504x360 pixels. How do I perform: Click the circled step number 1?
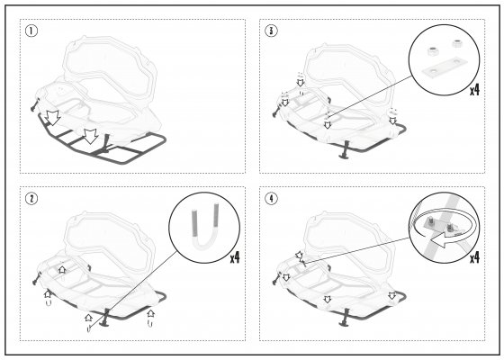[31, 31]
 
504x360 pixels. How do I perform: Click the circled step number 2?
[31, 199]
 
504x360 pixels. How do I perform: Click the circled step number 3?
[271, 31]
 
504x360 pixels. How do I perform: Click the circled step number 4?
[271, 199]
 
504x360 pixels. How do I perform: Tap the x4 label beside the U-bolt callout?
[235, 257]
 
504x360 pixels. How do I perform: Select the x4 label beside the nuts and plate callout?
[474, 90]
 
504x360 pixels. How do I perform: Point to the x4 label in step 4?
[474, 257]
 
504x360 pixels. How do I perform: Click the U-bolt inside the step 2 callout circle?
[205, 229]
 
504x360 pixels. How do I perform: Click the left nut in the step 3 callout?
[432, 51]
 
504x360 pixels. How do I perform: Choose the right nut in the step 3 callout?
[455, 44]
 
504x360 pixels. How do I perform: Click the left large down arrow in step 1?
[52, 118]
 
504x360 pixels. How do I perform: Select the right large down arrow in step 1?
[91, 136]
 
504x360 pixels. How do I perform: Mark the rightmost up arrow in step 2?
[150, 313]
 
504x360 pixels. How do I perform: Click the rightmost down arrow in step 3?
[392, 121]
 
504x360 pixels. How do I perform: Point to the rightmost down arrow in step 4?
[391, 296]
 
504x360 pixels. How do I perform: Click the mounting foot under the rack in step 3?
[346, 149]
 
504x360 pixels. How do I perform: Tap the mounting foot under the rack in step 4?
[346, 317]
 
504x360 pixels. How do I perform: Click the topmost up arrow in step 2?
[62, 269]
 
